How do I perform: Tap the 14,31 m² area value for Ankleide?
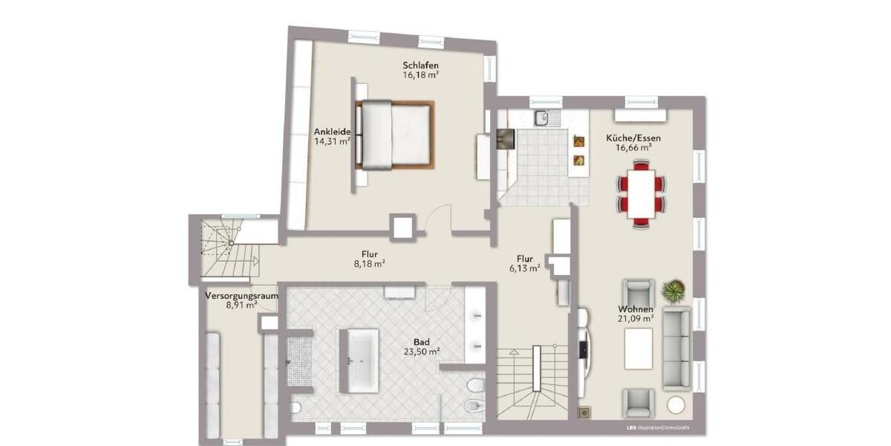coord(331,141)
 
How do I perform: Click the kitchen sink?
coord(543,117)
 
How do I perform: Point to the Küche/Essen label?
coord(633,138)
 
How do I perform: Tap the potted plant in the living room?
coord(673,291)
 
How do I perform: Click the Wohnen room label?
coord(636,308)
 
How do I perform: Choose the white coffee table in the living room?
coord(638,348)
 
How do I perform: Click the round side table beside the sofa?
coord(676,404)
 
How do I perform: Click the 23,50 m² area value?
coord(421,352)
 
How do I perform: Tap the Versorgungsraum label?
coord(241,295)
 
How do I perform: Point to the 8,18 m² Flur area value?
coord(368,263)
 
